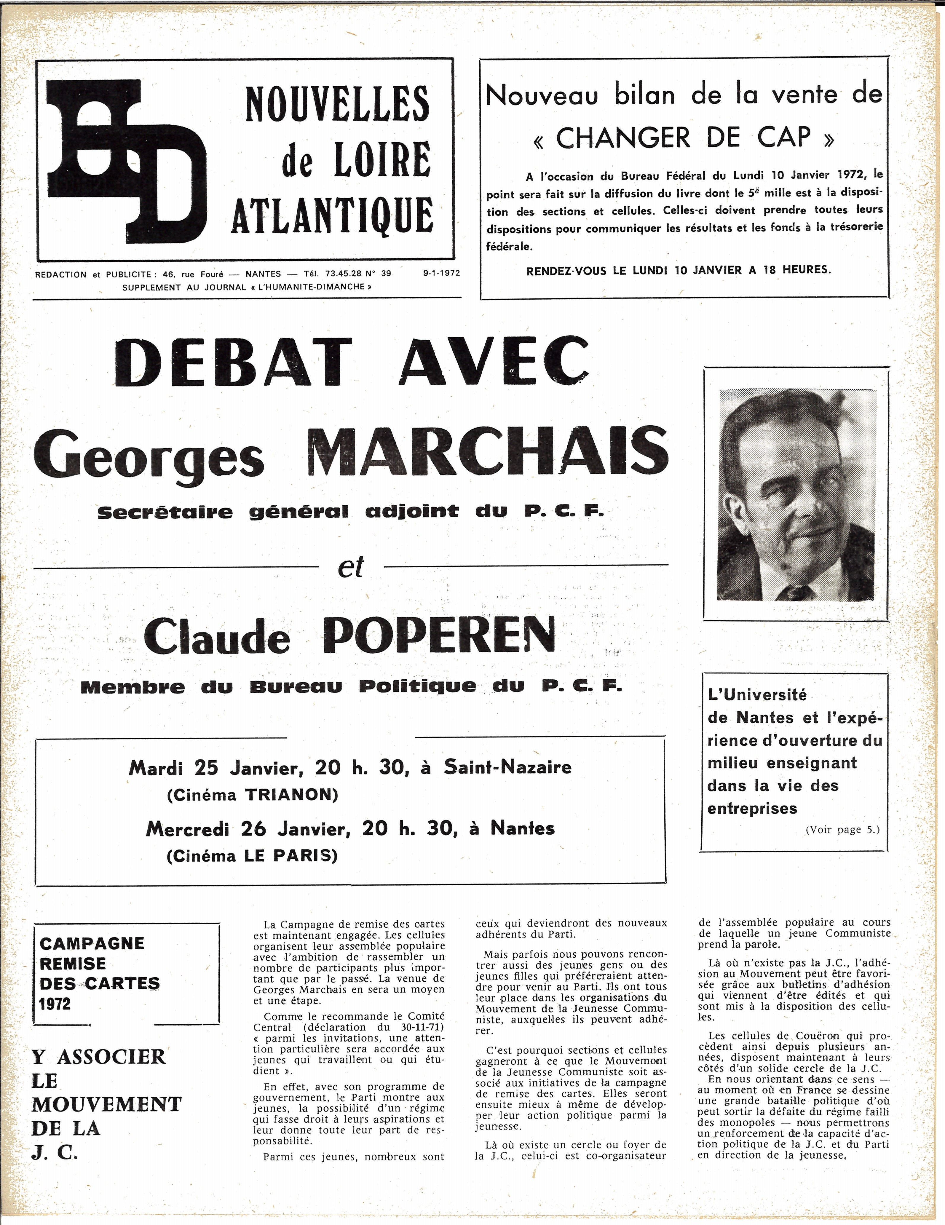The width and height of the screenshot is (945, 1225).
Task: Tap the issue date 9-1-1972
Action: (442, 274)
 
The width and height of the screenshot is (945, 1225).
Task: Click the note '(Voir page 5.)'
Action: (842, 830)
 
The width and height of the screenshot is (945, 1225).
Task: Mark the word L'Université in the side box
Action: (757, 695)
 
